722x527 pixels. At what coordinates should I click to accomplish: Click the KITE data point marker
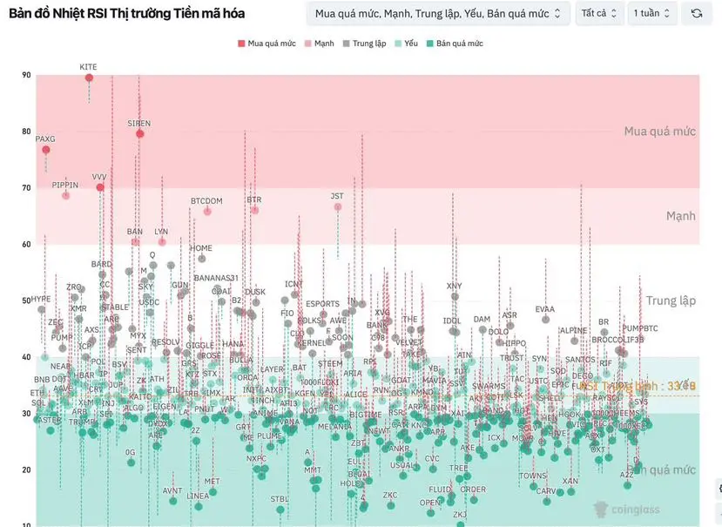pos(89,78)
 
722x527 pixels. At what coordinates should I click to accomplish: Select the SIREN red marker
pos(139,133)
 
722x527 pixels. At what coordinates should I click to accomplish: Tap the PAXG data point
pos(46,150)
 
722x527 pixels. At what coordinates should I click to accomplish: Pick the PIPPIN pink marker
pos(65,195)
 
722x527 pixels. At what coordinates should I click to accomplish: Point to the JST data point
pos(337,206)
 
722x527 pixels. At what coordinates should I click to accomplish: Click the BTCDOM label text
pos(206,201)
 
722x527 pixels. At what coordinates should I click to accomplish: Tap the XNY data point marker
pos(455,296)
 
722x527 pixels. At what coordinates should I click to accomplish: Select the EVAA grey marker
pos(545,319)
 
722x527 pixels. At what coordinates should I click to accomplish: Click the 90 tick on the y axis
pos(26,76)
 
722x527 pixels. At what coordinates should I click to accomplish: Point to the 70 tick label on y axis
pos(26,188)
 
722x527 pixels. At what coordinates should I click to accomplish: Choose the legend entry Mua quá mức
pos(267,43)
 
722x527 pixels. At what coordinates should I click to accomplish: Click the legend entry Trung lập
pos(364,43)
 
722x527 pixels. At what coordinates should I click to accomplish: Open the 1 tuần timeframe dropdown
pos(652,13)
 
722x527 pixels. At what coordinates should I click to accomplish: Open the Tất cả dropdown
pos(599,13)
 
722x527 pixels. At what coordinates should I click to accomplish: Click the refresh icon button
pos(697,13)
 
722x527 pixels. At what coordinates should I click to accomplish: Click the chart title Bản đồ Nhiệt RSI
pos(126,13)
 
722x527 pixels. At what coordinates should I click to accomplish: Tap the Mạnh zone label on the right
pos(681,216)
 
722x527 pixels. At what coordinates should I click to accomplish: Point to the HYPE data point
pos(41,309)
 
